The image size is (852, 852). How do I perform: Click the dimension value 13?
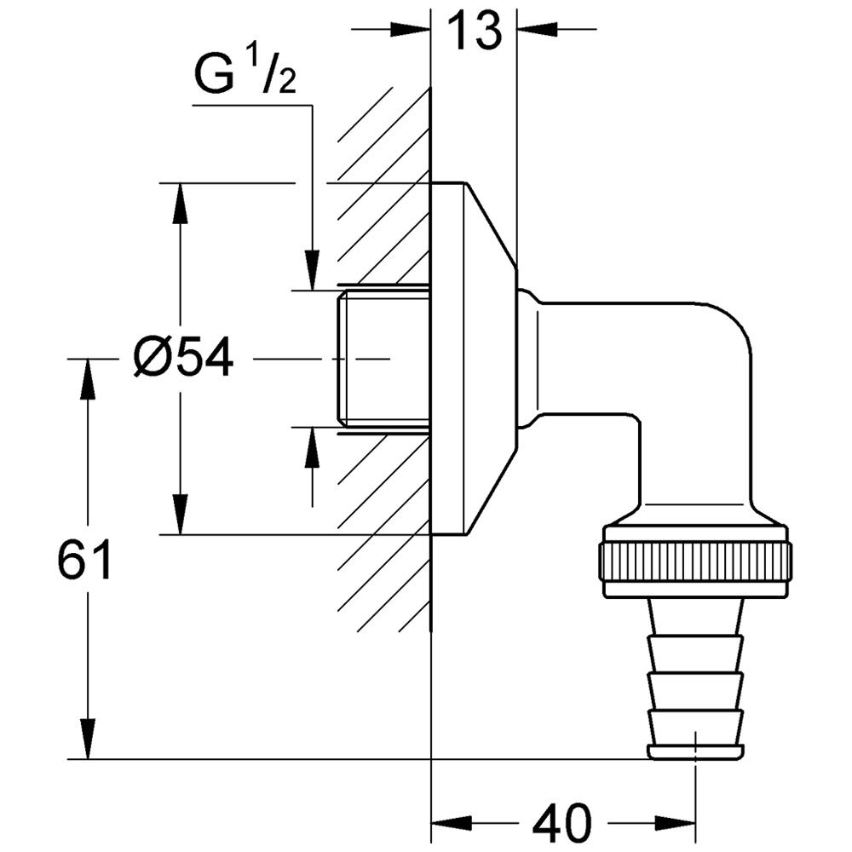(475, 32)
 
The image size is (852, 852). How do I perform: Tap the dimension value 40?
(561, 823)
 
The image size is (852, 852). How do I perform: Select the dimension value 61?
(85, 561)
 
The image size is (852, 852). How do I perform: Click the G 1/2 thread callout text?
(243, 78)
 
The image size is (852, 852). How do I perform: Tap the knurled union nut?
(696, 560)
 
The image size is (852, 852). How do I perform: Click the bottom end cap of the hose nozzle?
(695, 751)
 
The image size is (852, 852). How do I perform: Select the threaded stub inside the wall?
(383, 359)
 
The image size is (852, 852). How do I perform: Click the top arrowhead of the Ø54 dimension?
(180, 203)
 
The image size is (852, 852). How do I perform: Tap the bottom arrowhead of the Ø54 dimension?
(180, 515)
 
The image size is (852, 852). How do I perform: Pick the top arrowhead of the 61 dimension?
(87, 379)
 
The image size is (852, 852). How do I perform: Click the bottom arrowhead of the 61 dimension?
(87, 740)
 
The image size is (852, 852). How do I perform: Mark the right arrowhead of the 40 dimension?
(678, 823)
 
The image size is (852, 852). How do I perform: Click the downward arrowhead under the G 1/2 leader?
(313, 271)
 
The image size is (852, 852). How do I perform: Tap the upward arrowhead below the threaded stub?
(313, 446)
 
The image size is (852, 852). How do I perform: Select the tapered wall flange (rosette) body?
(474, 359)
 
